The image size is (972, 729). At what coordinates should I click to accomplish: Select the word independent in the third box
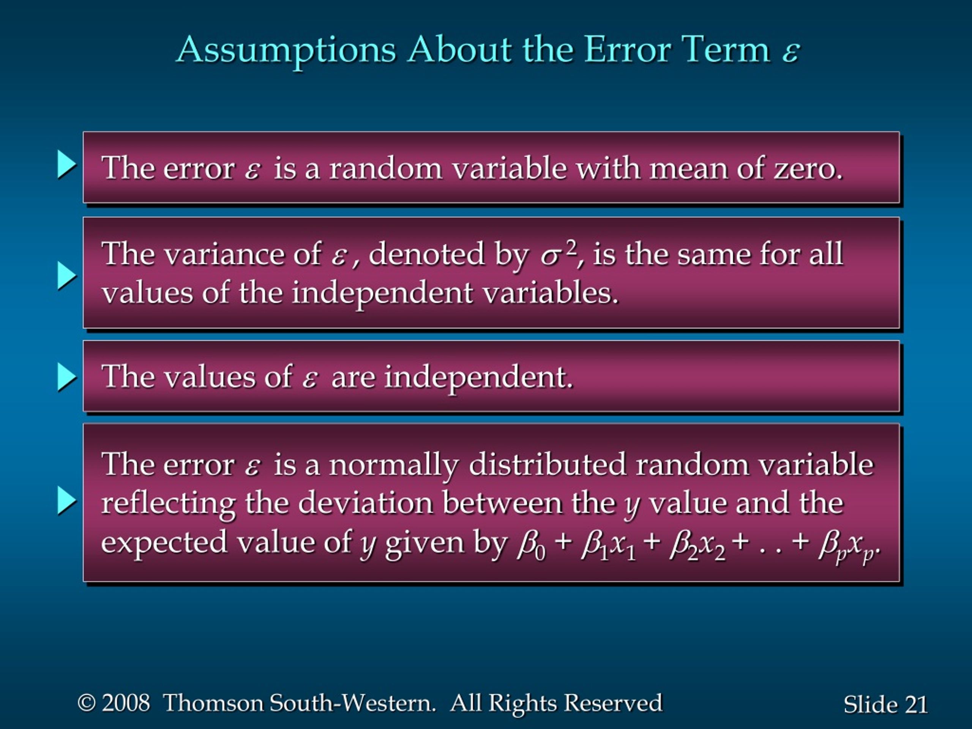pos(479,378)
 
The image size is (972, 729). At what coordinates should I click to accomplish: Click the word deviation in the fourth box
pos(365,503)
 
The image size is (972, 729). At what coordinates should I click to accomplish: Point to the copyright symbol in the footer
pos(87,702)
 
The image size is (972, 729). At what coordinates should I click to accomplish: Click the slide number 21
pos(916,704)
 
